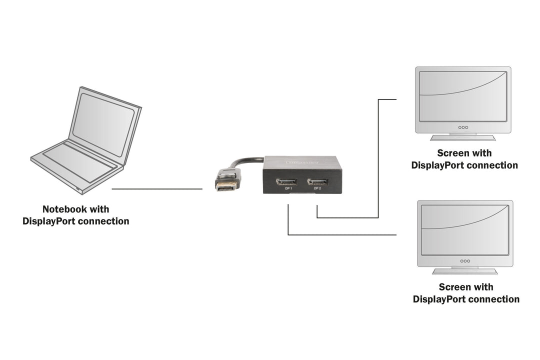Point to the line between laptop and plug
point(157,189)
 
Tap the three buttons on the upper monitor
point(463,127)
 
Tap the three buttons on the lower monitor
point(465,260)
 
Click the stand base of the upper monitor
point(463,137)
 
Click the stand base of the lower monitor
point(465,271)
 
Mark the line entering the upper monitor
point(387,99)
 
